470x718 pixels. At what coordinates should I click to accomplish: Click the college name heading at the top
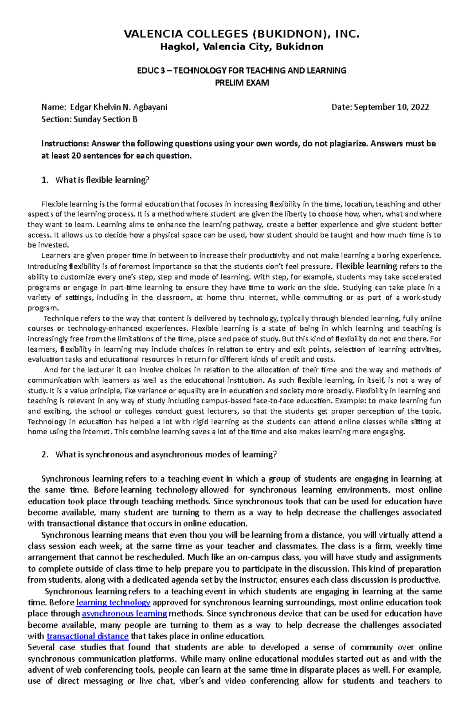pyautogui.click(x=241, y=34)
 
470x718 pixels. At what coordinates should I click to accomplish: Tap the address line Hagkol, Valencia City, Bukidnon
pyautogui.click(x=241, y=47)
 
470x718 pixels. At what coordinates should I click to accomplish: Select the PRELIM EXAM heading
pyautogui.click(x=242, y=83)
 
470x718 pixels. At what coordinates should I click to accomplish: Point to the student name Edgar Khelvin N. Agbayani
pyautogui.click(x=119, y=107)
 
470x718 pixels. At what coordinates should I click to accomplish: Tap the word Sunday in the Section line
pyautogui.click(x=87, y=119)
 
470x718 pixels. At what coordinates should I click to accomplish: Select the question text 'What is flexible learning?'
pyautogui.click(x=102, y=180)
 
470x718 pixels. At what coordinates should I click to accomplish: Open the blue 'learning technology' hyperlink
pyautogui.click(x=113, y=603)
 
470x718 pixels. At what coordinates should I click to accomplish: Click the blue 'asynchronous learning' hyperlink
pyautogui.click(x=125, y=614)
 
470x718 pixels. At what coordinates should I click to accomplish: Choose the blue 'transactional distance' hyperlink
pyautogui.click(x=87, y=637)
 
